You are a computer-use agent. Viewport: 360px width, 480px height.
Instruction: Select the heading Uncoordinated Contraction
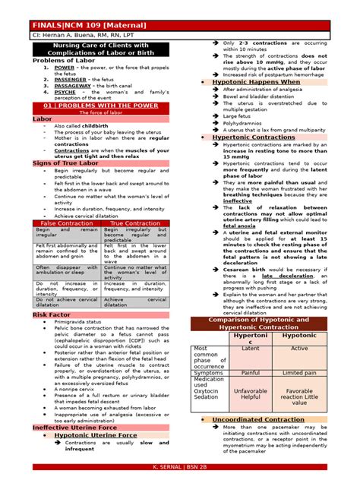(x=257, y=419)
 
